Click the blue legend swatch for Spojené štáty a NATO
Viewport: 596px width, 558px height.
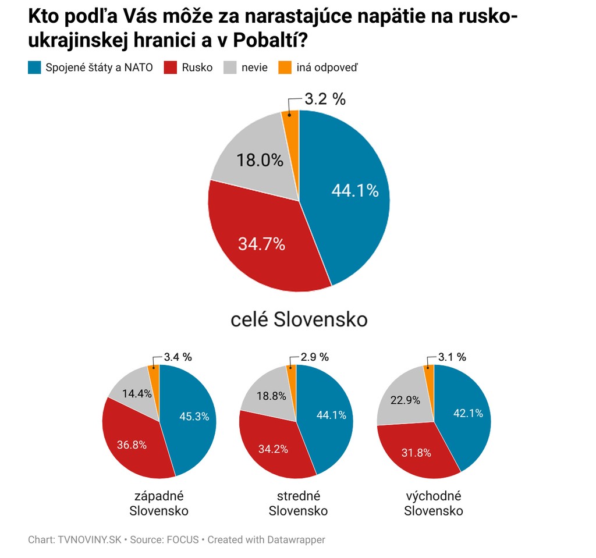tap(34, 67)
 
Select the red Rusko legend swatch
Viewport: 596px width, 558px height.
tap(171, 67)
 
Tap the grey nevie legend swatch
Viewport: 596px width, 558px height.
tap(230, 67)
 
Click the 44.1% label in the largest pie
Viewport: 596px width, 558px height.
tap(354, 190)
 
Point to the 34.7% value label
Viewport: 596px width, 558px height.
tap(261, 244)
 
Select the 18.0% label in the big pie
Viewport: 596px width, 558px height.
tap(260, 161)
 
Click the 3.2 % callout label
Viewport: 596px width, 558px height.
tap(325, 99)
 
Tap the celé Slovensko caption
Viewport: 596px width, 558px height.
tap(299, 319)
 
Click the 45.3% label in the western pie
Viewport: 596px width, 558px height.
tap(194, 417)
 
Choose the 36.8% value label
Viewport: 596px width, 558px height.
tap(131, 445)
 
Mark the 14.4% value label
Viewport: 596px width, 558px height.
tap(137, 393)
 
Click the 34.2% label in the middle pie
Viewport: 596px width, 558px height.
tap(268, 450)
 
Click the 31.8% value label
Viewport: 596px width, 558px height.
tap(416, 452)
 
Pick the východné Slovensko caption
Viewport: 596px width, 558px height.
tap(434, 504)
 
